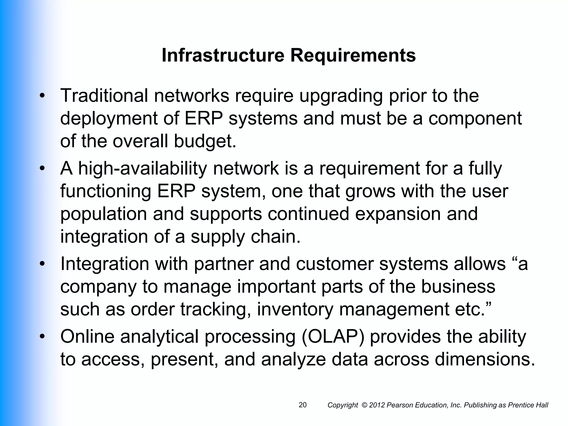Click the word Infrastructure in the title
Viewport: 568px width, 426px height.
click(223, 55)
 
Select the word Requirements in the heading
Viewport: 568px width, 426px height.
click(353, 55)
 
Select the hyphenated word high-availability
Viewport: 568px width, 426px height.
click(143, 169)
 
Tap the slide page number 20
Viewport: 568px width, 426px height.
click(303, 405)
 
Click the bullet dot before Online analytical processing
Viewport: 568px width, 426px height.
click(42, 337)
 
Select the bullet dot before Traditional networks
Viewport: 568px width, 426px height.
click(42, 96)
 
